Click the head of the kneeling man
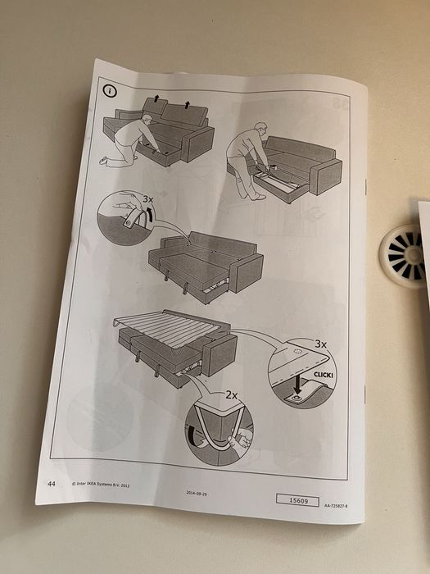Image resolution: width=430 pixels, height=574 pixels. tap(147, 121)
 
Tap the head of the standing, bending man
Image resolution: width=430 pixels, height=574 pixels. tap(260, 129)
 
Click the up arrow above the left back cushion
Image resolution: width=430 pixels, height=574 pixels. tap(156, 98)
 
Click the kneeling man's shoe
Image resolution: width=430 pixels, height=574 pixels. tap(105, 160)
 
